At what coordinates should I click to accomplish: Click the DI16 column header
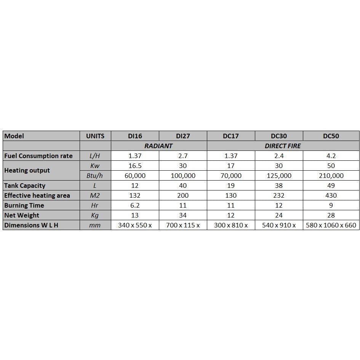click(135, 136)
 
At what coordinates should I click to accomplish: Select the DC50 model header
click(331, 136)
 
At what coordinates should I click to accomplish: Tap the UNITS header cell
click(95, 136)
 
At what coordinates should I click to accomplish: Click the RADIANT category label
click(158, 146)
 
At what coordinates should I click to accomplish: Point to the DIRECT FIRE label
click(283, 146)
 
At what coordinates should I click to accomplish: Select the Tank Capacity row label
click(25, 186)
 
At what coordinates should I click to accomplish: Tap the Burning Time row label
click(24, 205)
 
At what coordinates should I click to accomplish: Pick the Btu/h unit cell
click(95, 176)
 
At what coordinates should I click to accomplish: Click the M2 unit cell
click(95, 195)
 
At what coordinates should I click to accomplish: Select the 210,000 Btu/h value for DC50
click(331, 176)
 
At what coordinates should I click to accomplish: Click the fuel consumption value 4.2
click(331, 156)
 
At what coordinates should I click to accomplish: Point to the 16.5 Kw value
click(135, 166)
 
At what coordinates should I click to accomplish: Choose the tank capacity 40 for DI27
click(183, 186)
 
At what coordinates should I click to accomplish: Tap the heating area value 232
click(279, 195)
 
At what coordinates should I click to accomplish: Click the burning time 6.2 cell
click(135, 205)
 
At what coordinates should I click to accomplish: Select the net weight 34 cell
click(183, 215)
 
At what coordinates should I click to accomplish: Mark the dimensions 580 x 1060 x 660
click(331, 225)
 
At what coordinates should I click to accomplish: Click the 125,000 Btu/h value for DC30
click(279, 176)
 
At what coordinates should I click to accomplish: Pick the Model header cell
click(14, 136)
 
